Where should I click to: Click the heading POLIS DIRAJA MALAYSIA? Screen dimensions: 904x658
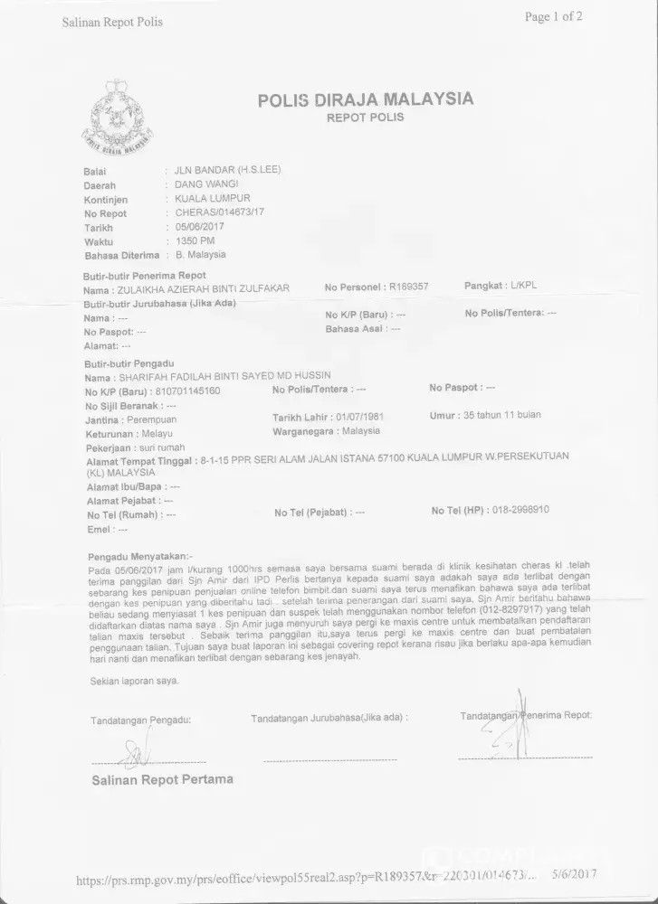(366, 99)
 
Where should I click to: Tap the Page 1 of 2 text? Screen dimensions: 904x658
(553, 16)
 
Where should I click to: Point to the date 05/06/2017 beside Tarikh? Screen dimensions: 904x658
(198, 228)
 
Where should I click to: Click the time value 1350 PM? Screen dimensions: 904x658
(195, 241)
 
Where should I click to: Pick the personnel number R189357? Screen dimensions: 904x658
(408, 287)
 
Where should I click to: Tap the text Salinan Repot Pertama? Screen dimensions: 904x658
(162, 779)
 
